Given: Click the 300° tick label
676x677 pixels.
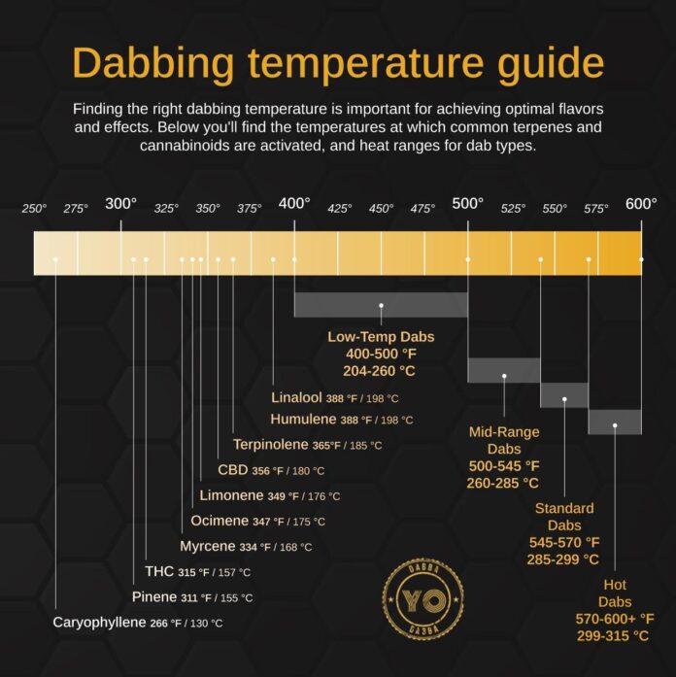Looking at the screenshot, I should point(120,204).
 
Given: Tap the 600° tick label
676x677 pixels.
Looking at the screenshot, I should point(641,204).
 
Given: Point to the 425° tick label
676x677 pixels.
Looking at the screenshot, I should point(339,208).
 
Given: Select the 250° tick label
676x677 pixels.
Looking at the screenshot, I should point(35,208).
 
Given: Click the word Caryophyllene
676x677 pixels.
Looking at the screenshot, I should point(98,622).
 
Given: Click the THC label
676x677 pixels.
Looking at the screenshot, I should point(159,571).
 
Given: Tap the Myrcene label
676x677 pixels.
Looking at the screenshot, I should point(204,546).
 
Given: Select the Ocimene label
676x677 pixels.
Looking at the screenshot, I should point(219,521).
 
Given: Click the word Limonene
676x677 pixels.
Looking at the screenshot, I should point(231,495).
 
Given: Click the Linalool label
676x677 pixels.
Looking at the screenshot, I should point(296,397).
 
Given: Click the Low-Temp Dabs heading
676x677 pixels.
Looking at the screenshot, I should point(381,337).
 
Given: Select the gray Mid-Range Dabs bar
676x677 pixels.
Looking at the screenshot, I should point(504,370).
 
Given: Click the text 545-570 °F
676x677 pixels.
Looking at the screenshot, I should point(564,542).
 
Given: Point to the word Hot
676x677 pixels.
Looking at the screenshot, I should point(615,586).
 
